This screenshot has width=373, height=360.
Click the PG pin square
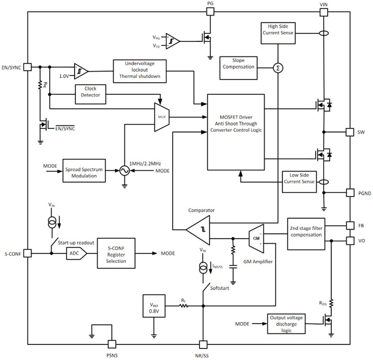point(210,12)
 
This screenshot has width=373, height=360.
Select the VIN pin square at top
point(324,12)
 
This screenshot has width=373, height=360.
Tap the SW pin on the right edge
point(350,132)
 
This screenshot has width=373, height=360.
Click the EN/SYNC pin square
point(27,67)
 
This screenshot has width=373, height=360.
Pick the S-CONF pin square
point(27,253)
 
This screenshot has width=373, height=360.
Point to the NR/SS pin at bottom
point(203,344)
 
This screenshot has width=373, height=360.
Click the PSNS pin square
point(112,344)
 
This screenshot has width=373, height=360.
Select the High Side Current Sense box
point(278,33)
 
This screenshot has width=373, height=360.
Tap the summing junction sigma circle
point(278,68)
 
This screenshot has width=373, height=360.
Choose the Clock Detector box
point(90,94)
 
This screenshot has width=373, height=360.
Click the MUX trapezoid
point(162,117)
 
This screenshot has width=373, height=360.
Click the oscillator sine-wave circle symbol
point(124,171)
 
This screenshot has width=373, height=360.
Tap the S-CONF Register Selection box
point(116,253)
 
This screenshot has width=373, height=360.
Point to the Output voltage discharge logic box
point(286,324)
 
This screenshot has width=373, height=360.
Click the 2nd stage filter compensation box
point(306,234)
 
